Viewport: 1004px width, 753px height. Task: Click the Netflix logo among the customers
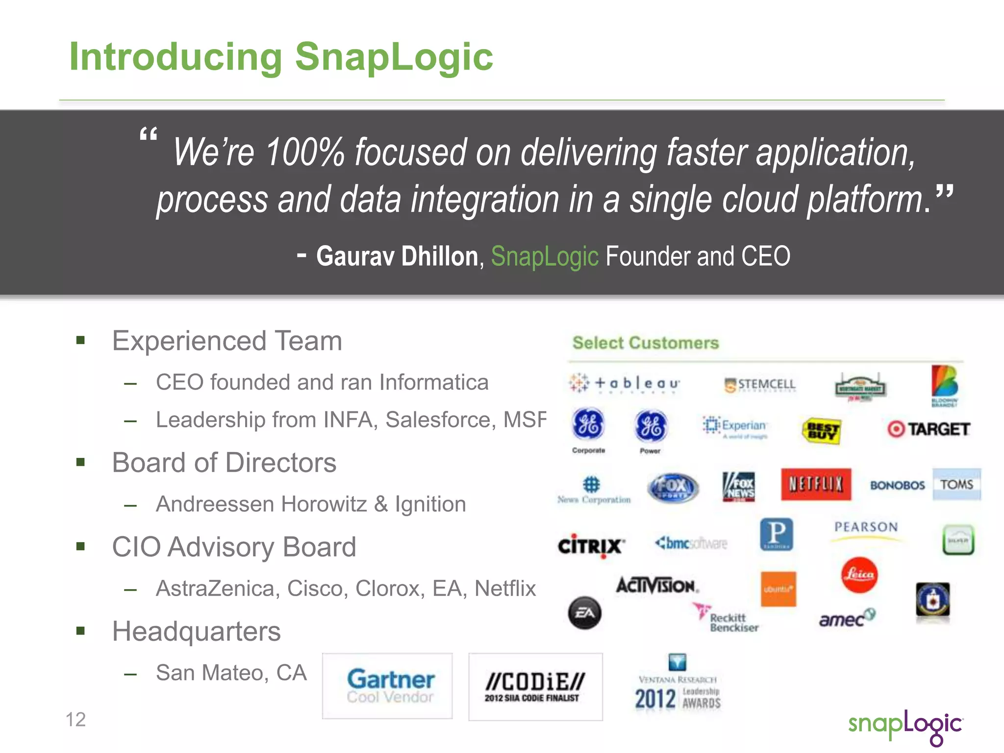tap(816, 484)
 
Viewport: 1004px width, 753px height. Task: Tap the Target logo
tap(929, 429)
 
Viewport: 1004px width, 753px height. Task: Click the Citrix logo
tap(591, 545)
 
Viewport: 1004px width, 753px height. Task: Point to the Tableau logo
tap(625, 383)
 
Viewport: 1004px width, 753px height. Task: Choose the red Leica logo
tap(859, 575)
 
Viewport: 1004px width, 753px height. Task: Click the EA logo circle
tap(585, 613)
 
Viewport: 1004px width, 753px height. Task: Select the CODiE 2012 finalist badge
tap(535, 686)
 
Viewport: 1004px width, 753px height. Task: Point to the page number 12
tap(75, 720)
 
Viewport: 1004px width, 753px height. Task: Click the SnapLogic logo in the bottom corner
tap(905, 727)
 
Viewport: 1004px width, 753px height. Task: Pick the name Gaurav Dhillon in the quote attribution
tap(397, 256)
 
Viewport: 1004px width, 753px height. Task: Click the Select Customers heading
tap(646, 343)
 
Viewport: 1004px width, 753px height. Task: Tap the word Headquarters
tap(196, 631)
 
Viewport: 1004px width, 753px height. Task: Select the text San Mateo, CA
tap(231, 673)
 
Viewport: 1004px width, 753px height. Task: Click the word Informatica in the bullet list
tap(434, 382)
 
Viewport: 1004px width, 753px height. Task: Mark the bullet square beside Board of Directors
tap(81, 462)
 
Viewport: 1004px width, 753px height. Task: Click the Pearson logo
tap(866, 527)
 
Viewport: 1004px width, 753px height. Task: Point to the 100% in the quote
tap(305, 152)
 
